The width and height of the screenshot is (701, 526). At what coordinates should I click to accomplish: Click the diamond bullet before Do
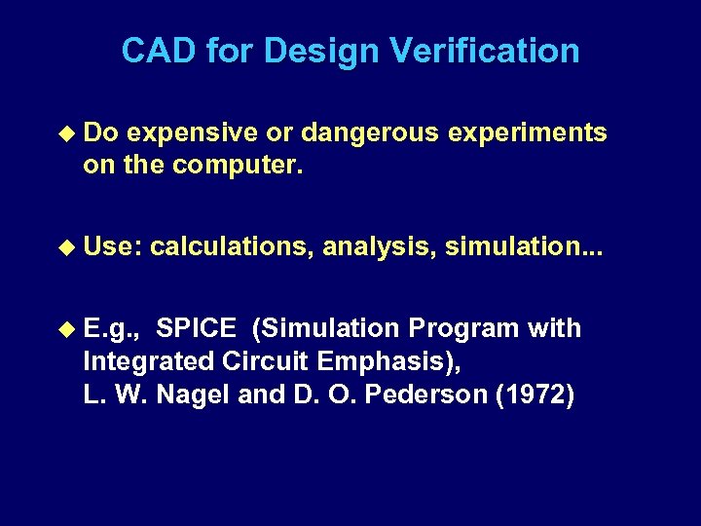[x=67, y=132]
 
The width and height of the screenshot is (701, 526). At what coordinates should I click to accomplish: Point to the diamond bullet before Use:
[x=67, y=247]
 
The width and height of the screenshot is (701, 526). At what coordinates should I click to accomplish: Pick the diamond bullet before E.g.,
[x=67, y=329]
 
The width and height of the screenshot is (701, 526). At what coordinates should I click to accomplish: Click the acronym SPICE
[x=195, y=329]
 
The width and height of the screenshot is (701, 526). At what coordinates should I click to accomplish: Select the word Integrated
[x=147, y=362]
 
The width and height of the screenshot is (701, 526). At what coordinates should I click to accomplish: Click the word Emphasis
[x=382, y=362]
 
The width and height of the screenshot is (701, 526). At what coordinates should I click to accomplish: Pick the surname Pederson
[x=441, y=395]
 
